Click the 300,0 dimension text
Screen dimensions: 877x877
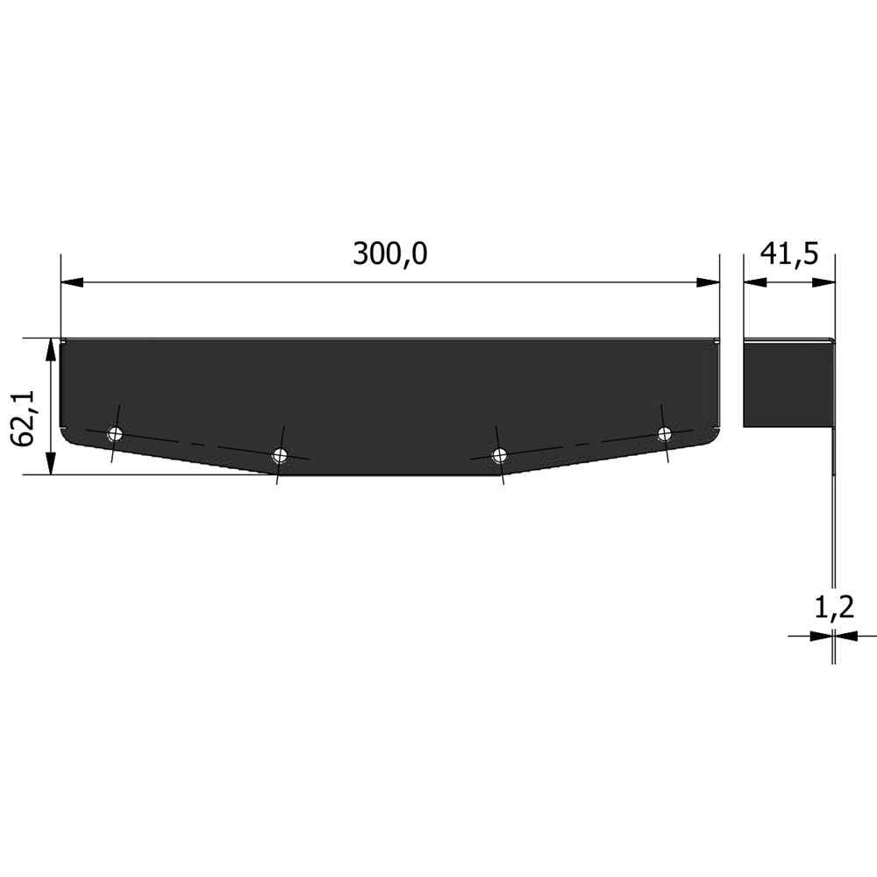[x=390, y=254]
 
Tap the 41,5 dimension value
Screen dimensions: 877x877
[x=789, y=254]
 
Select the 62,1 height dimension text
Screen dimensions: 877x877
[x=24, y=417]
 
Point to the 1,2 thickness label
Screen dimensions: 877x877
[x=834, y=608]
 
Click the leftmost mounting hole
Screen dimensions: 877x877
[x=115, y=433]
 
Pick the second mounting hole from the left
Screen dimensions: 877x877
[x=280, y=454]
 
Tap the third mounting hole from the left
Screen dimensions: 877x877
[x=500, y=454]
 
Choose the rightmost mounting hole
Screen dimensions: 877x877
[x=664, y=433]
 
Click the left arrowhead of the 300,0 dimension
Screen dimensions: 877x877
[x=72, y=282]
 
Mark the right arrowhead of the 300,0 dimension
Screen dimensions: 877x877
[x=708, y=282]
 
